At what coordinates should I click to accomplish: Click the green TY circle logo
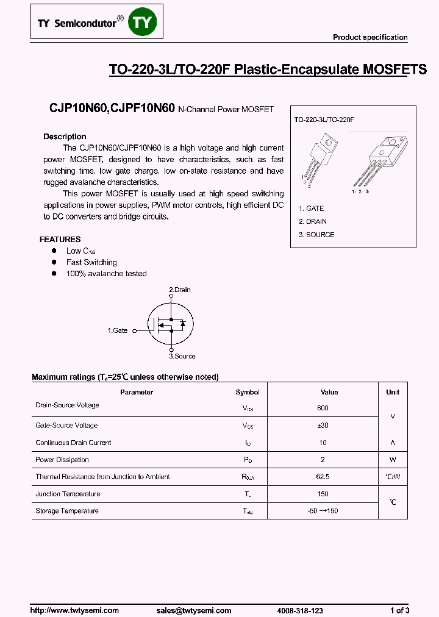pos(145,23)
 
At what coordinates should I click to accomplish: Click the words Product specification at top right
pos(369,38)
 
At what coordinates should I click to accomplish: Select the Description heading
pos(65,137)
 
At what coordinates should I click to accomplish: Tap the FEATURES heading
pos(60,240)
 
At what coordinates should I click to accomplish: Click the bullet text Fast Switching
pos(91,262)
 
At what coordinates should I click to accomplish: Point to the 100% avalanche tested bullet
pos(106,274)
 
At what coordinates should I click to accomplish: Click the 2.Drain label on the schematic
pos(179,290)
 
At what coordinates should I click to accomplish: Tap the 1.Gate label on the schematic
pos(118,330)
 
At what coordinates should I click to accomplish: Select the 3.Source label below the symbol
pos(182,356)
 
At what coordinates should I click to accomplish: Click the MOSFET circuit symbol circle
pos(170,323)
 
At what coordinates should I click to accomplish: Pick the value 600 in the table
pos(323,408)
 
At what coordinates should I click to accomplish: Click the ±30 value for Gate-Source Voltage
pos(323,426)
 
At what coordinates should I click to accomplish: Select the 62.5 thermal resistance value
pos(323,477)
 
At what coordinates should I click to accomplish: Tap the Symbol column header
pos(248,392)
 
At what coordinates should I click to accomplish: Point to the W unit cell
pos(393,460)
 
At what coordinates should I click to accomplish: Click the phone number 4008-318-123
pos(299,610)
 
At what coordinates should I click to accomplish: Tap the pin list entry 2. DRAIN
pos(313,221)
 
